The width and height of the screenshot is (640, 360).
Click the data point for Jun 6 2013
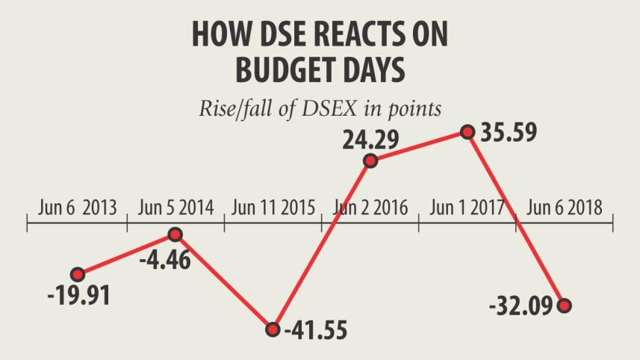pyautogui.click(x=78, y=274)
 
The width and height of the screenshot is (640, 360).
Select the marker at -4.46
pyautogui.click(x=175, y=235)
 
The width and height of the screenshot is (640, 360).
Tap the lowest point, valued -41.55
pyautogui.click(x=273, y=329)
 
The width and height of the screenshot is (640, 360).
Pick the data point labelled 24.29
pyautogui.click(x=370, y=161)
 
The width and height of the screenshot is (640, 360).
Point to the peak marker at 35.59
pyautogui.click(x=468, y=132)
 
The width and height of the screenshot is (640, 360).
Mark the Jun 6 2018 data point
pyautogui.click(x=565, y=305)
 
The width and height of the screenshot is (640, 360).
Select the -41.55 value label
pyautogui.click(x=316, y=329)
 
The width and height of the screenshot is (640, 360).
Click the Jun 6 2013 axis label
pyautogui.click(x=78, y=208)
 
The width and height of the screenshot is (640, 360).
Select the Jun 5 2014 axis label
pyautogui.click(x=175, y=208)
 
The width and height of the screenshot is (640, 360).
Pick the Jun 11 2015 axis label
pyautogui.click(x=273, y=208)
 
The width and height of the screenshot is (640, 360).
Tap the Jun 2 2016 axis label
pyautogui.click(x=370, y=208)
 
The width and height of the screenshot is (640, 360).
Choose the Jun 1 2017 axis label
pyautogui.click(x=467, y=208)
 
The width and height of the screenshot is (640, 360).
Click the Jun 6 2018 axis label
pyautogui.click(x=565, y=208)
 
